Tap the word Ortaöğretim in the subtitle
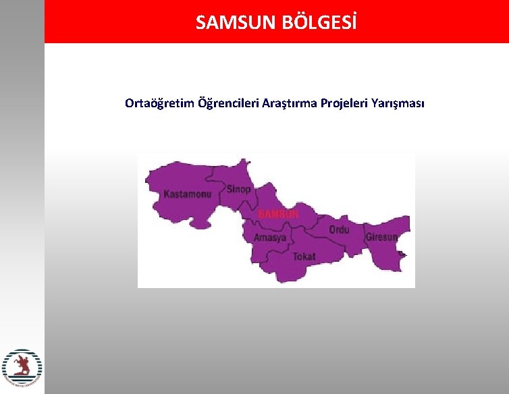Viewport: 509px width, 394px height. click(x=159, y=103)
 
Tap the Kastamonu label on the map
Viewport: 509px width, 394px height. click(x=188, y=194)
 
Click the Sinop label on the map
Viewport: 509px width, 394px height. click(x=238, y=189)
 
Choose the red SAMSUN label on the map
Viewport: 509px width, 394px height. click(x=279, y=214)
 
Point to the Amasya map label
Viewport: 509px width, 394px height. click(x=270, y=237)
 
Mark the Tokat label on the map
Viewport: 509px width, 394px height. click(x=304, y=256)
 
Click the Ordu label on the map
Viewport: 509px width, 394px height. click(x=339, y=230)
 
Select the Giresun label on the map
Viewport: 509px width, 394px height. click(x=381, y=237)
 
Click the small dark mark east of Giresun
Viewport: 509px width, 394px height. click(x=402, y=254)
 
